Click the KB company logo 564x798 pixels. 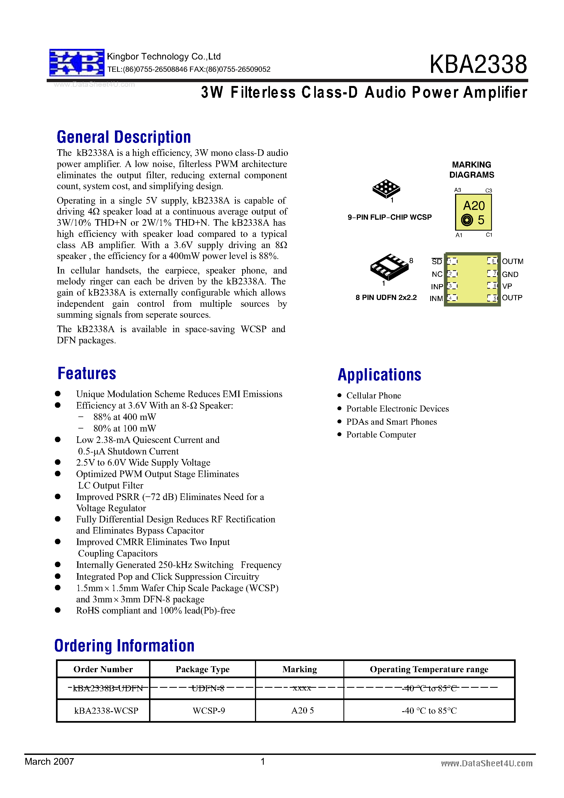coord(77,62)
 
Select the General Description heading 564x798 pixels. coord(124,137)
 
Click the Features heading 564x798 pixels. coord(87,374)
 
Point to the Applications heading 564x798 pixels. coord(379,375)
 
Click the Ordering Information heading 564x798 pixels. coord(124,646)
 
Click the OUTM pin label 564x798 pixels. coord(512,261)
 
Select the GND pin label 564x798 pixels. coord(510,275)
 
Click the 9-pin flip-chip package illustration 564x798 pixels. coord(386,189)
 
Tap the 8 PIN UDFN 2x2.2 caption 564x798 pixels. coord(386,297)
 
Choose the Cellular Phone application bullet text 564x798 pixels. coord(373,395)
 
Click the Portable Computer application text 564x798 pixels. coord(381,435)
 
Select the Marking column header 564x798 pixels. coord(299,669)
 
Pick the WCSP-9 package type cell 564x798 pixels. coord(209,711)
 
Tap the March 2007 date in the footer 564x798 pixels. coord(49,761)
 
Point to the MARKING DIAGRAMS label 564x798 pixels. coord(471,169)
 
